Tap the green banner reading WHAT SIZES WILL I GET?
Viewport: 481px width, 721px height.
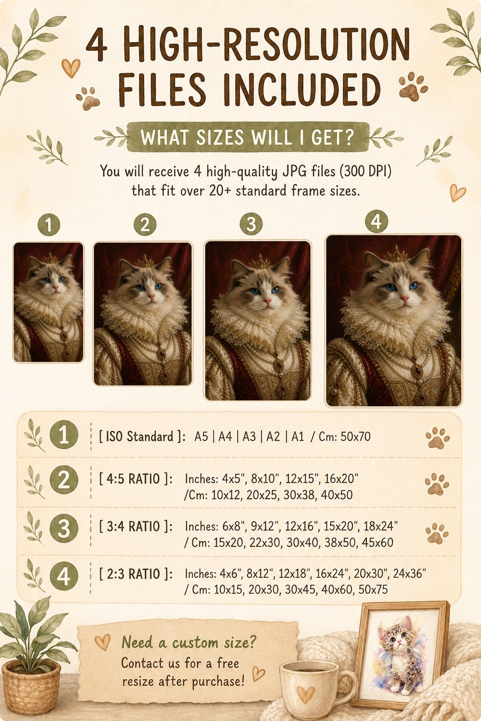point(248,137)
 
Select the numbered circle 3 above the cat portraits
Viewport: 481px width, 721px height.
point(251,224)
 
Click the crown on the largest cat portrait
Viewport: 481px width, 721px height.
point(396,254)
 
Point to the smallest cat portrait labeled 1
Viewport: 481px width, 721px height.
point(48,302)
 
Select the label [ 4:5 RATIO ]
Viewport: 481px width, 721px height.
point(136,479)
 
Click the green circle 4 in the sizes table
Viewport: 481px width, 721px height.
point(64,576)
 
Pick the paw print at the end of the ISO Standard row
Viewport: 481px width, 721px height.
point(437,438)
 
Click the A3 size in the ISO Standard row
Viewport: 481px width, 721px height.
point(249,437)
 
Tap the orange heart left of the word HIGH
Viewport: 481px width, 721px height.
point(71,68)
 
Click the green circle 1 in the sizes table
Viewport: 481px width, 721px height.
point(64,435)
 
